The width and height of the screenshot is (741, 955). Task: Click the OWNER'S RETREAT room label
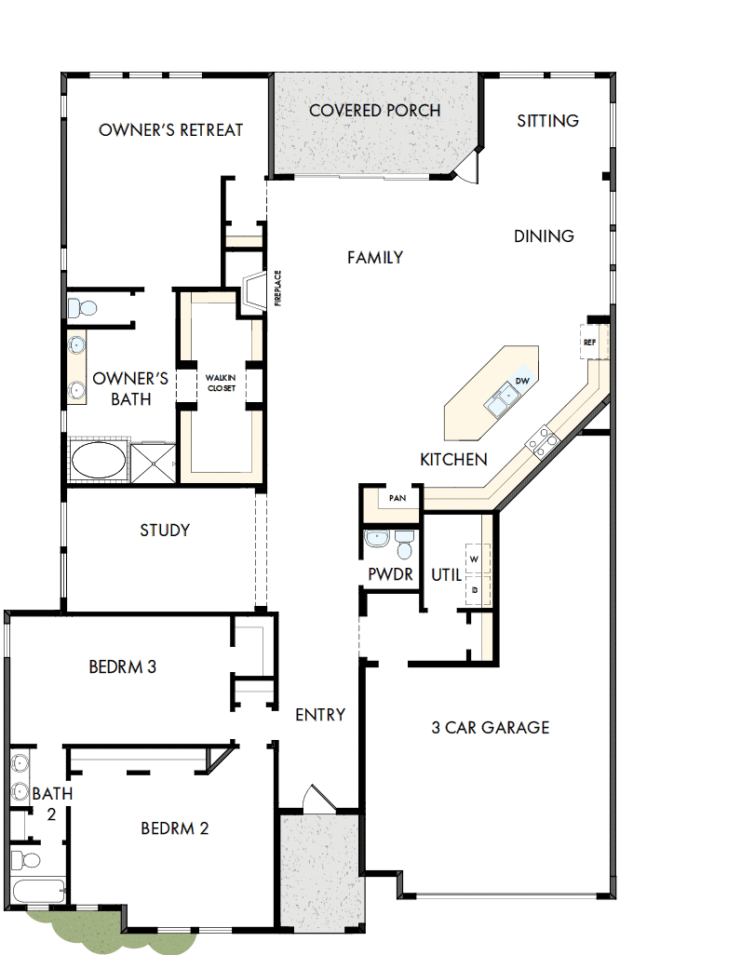[x=170, y=129]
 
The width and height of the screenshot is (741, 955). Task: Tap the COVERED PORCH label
[x=374, y=110]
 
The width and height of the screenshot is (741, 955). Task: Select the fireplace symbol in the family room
[x=254, y=293]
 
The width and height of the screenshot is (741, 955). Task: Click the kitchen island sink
[x=504, y=399]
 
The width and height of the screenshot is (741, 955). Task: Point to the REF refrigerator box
[x=589, y=342]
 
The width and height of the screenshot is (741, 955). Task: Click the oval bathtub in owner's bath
[x=98, y=461]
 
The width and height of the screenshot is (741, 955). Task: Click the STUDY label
[x=165, y=530]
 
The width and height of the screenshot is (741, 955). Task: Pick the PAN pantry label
[x=397, y=499]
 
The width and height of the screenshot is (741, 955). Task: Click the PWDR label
[x=390, y=574]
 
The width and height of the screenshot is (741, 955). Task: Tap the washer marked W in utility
[x=475, y=558]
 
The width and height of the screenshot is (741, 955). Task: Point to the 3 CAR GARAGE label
[x=491, y=727]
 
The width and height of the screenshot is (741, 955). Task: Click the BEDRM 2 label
[x=174, y=827]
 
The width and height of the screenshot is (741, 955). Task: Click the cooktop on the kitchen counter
[x=542, y=439]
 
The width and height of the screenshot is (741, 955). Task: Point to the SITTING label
[x=547, y=120]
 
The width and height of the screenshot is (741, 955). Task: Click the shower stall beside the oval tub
[x=152, y=462]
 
